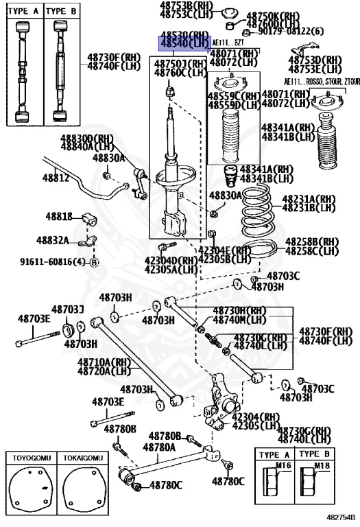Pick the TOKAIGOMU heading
[x=80, y=457]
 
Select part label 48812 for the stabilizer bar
[x=56, y=178]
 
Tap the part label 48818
[x=59, y=217]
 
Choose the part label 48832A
[x=53, y=240]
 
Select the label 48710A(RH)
[x=104, y=362]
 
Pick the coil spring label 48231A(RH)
[x=309, y=198]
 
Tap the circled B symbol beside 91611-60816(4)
[x=95, y=262]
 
